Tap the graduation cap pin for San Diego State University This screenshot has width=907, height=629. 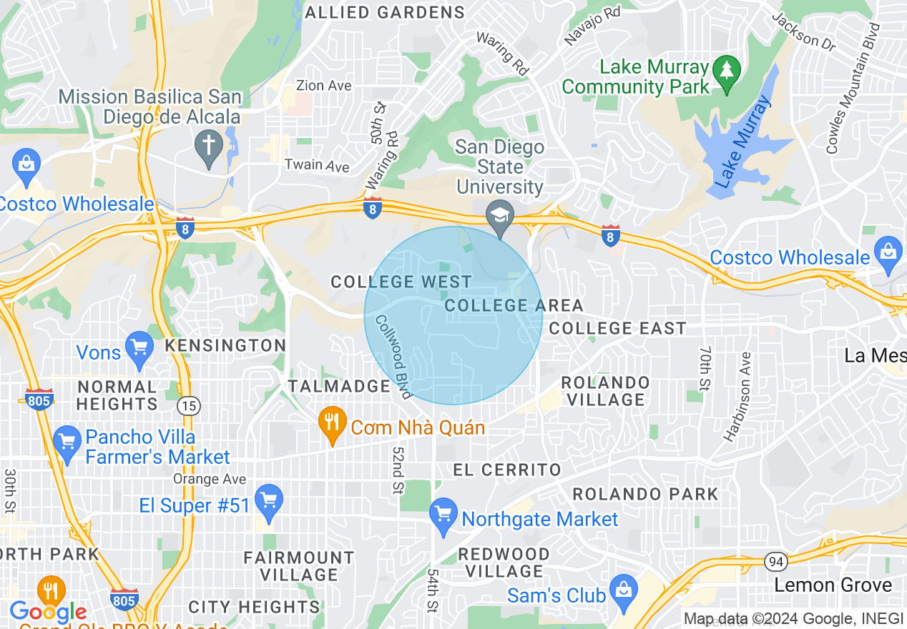point(501,215)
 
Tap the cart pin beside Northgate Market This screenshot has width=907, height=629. point(443,515)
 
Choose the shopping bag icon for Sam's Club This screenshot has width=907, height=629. point(624,591)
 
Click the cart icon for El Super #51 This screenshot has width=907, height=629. point(269,501)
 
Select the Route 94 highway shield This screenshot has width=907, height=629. point(775,561)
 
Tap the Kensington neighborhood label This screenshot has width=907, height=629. point(225,345)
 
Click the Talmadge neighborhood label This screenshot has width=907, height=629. point(339,386)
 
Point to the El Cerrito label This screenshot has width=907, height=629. point(508,470)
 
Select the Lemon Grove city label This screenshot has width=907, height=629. point(833,585)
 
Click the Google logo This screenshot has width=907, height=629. point(48,612)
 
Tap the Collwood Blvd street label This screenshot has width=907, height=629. point(393,357)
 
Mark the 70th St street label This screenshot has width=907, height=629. point(705,369)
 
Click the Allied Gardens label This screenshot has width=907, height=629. point(385,12)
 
